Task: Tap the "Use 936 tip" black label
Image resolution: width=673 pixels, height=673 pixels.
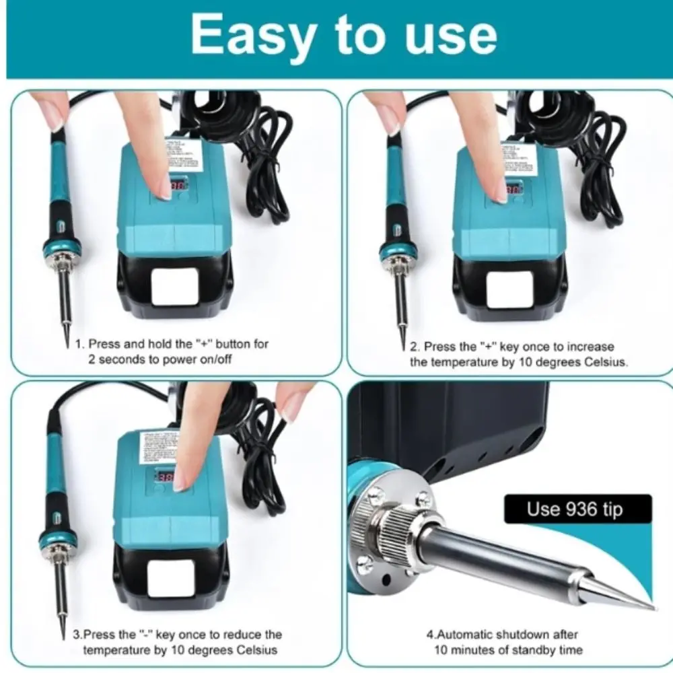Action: pyautogui.click(x=577, y=509)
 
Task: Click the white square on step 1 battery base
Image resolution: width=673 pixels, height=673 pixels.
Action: pyautogui.click(x=174, y=287)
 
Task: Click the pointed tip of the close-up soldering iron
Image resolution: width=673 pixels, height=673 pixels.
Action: pyautogui.click(x=651, y=607)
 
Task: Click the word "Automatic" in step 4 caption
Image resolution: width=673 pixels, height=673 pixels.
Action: pyautogui.click(x=471, y=634)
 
